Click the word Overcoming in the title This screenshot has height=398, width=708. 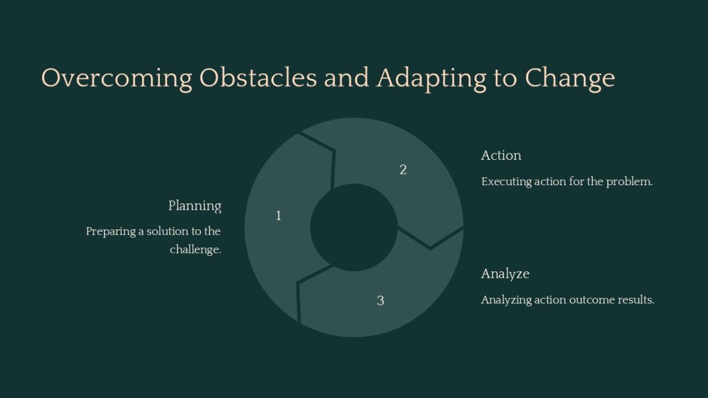click(117, 79)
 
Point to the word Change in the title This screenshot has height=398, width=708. click(570, 79)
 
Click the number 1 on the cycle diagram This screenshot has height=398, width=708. click(278, 216)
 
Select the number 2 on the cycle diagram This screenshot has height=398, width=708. click(403, 170)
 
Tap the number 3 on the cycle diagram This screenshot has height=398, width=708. click(381, 301)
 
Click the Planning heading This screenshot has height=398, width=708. click(195, 206)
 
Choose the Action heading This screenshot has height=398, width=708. click(501, 156)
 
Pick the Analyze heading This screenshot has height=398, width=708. click(505, 274)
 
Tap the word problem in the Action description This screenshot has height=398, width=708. click(633, 182)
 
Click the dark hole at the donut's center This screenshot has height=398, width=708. click(353, 227)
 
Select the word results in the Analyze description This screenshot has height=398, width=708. click(635, 300)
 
